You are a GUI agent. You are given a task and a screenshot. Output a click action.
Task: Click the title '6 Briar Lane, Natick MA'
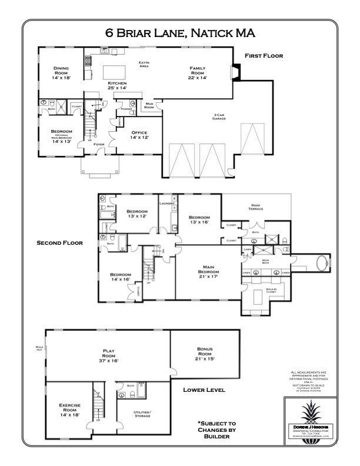180,32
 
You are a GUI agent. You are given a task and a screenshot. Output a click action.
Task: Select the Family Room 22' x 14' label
198,73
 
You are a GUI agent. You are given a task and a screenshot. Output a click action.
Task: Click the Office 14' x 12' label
139,135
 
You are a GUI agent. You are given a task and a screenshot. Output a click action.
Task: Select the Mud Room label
149,106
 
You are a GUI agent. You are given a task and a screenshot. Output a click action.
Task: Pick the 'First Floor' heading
264,56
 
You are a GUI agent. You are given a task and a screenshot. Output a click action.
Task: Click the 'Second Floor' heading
60,242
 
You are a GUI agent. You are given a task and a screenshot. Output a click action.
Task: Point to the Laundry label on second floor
166,204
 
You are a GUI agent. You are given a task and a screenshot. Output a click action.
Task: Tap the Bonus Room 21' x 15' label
205,355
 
